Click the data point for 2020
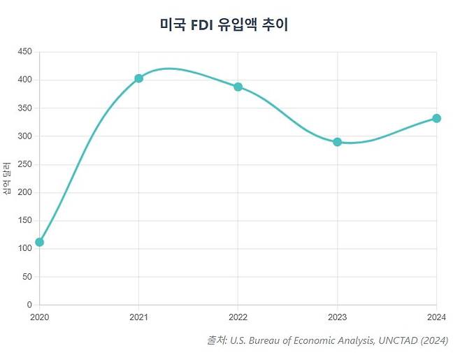coord(39,242)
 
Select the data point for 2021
coord(138,78)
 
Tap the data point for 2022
coord(238,87)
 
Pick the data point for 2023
coord(337,142)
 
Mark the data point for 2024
coord(436,118)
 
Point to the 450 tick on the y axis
coord(25,52)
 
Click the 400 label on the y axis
coord(25,80)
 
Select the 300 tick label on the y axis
coord(25,136)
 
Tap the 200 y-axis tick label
coord(25,192)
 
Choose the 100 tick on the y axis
coord(25,249)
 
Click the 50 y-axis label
coord(27,277)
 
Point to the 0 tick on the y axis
coord(29,305)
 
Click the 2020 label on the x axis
coord(39,317)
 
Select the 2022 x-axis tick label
coord(238,317)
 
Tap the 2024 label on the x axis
coord(436,317)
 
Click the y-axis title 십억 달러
coord(7,178)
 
